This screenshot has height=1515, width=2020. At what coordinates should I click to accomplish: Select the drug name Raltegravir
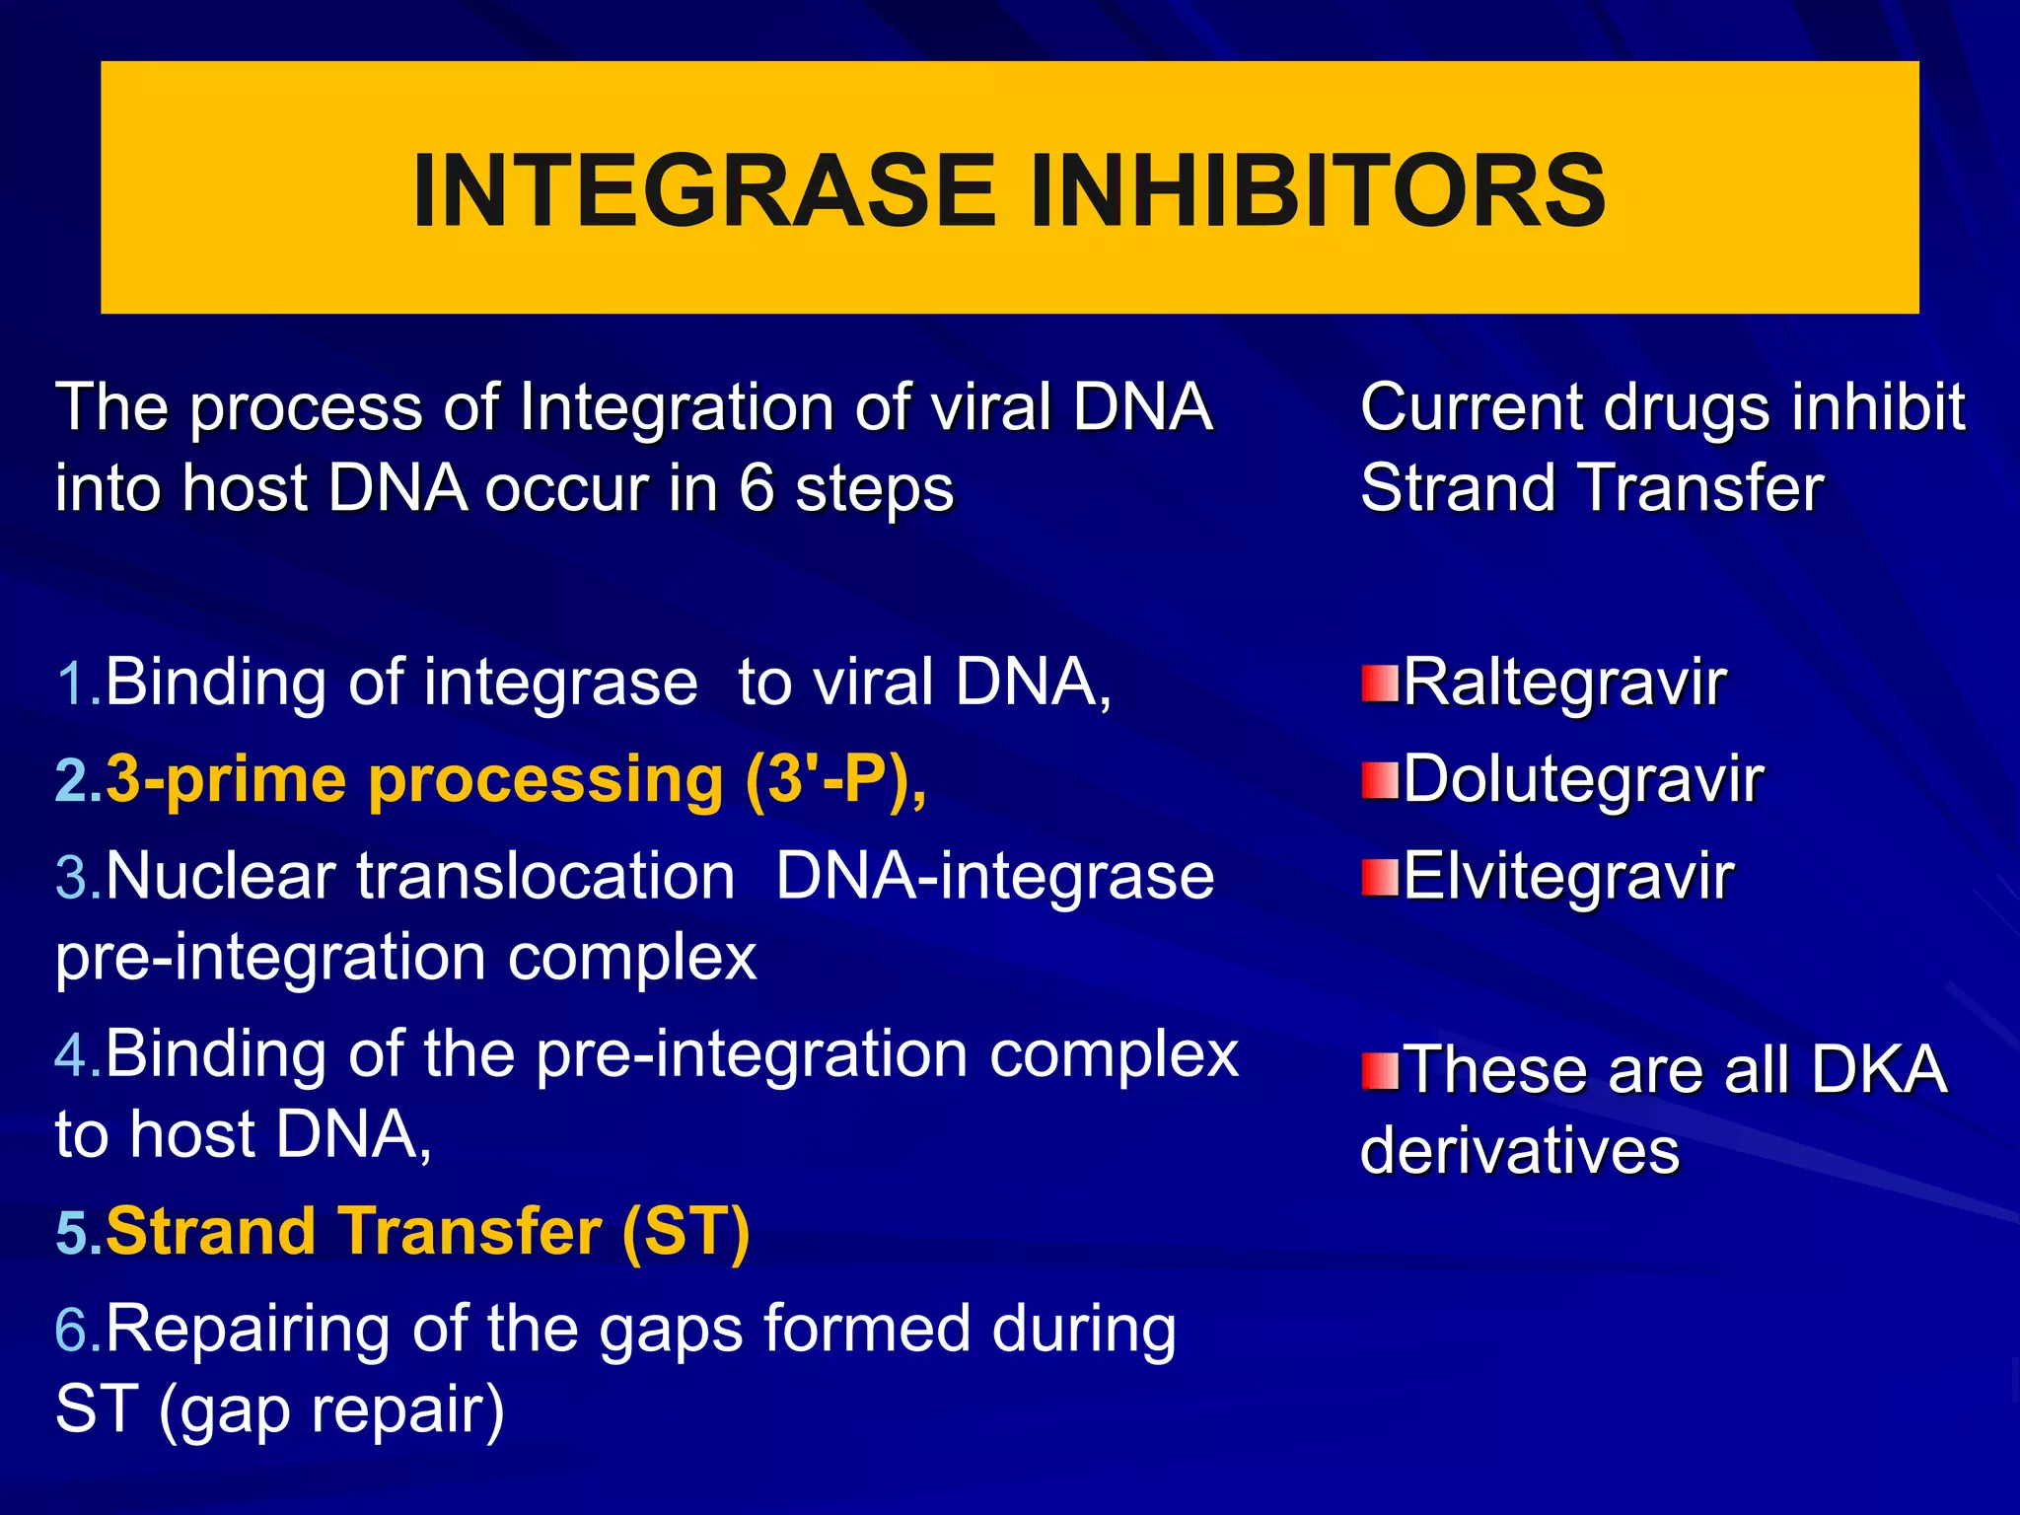coord(1564,683)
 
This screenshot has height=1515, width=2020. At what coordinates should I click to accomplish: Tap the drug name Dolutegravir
coord(1582,779)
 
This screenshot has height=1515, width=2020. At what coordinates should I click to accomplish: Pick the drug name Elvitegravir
coord(1568,876)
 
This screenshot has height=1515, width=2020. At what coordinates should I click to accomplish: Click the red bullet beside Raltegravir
coord(1380,683)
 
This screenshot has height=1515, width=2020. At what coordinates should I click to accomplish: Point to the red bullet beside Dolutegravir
coord(1380,780)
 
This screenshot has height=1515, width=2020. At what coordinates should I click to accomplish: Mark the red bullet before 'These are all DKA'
coord(1380,1071)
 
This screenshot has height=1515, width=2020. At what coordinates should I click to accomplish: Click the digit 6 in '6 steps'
coord(757,488)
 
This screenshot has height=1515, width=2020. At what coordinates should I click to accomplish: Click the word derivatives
coord(1519,1151)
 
